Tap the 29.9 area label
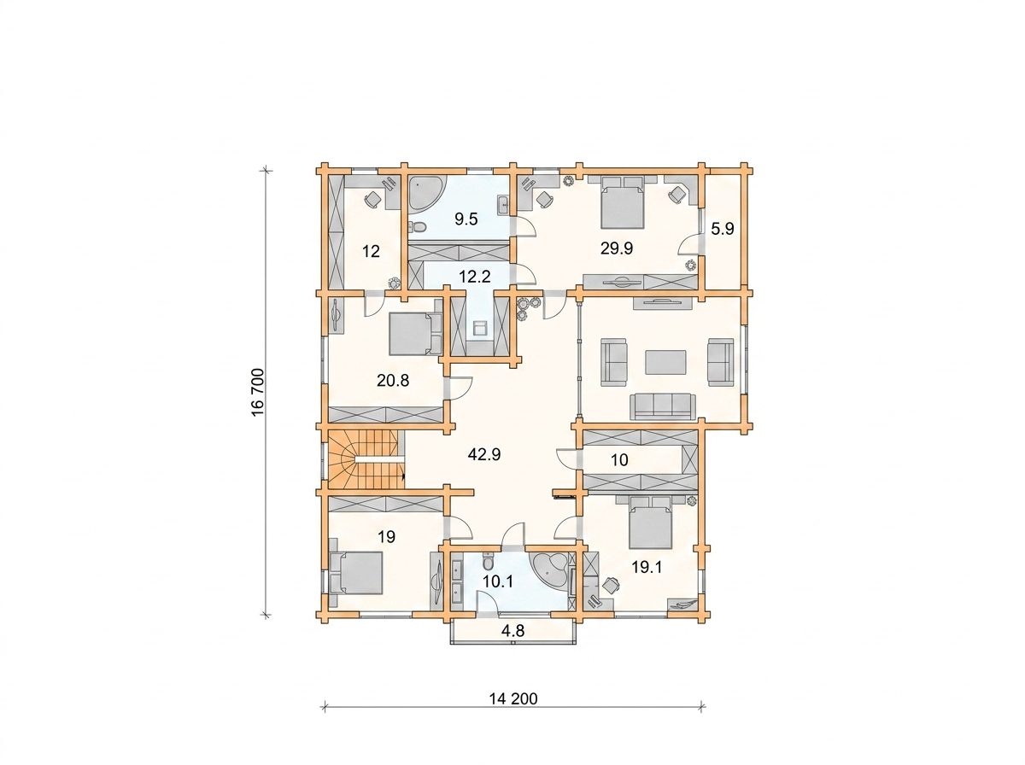[617, 248]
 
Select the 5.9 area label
[723, 229]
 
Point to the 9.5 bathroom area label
[466, 219]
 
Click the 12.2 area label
[474, 277]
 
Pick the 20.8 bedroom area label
[393, 381]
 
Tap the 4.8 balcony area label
[512, 631]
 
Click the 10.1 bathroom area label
[498, 581]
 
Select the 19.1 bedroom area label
[647, 568]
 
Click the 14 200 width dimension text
[513, 711]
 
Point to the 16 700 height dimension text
[258, 392]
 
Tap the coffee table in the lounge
[666, 362]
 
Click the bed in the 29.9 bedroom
[622, 201]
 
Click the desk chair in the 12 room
[372, 199]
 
